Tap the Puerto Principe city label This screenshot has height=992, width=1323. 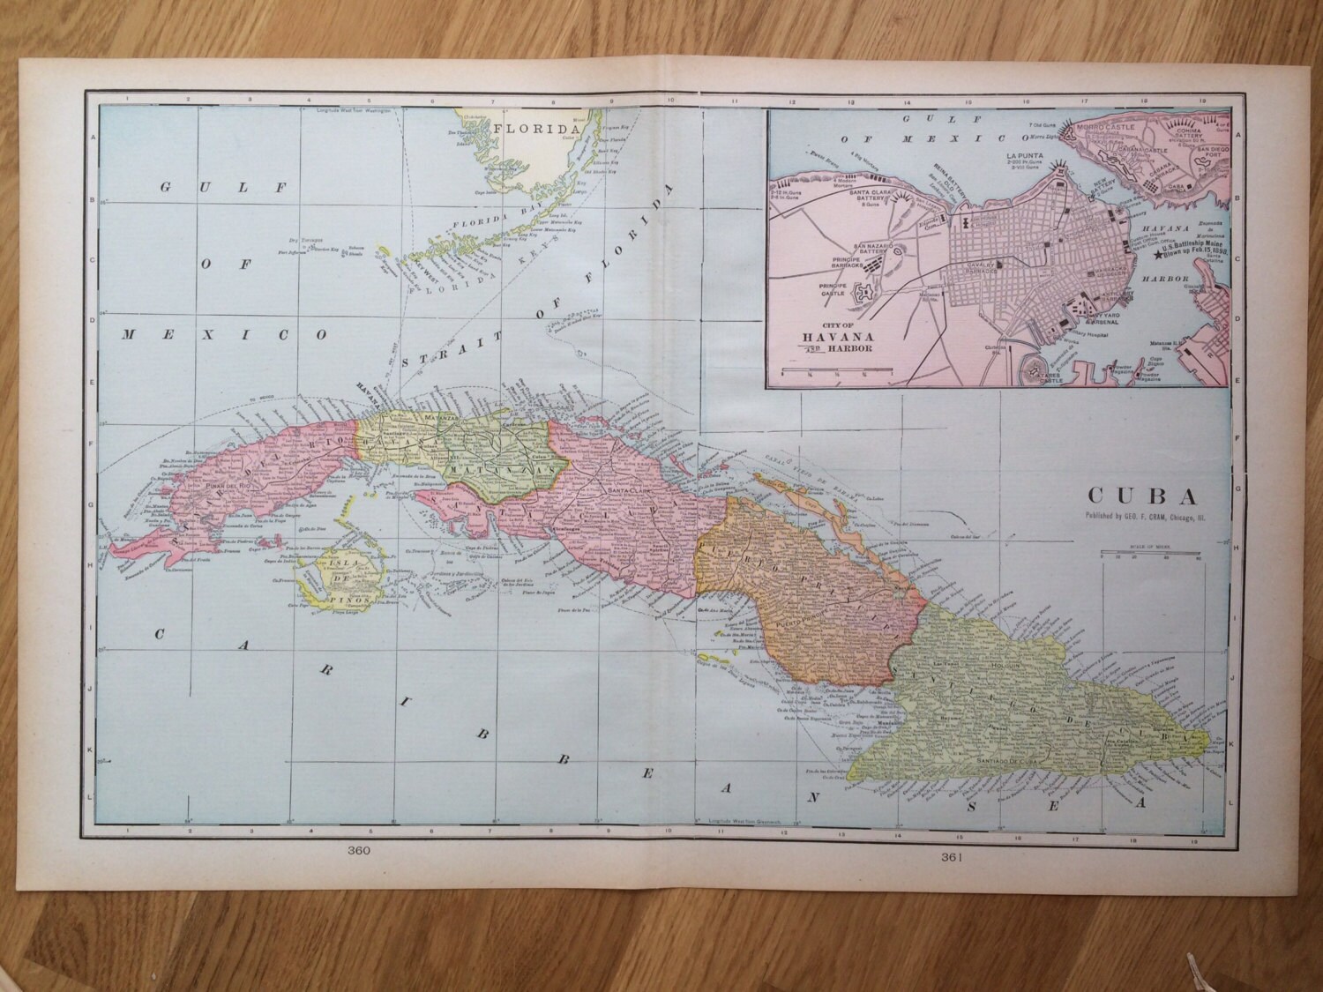pyautogui.click(x=800, y=623)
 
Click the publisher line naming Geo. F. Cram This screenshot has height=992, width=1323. pyautogui.click(x=1145, y=516)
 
